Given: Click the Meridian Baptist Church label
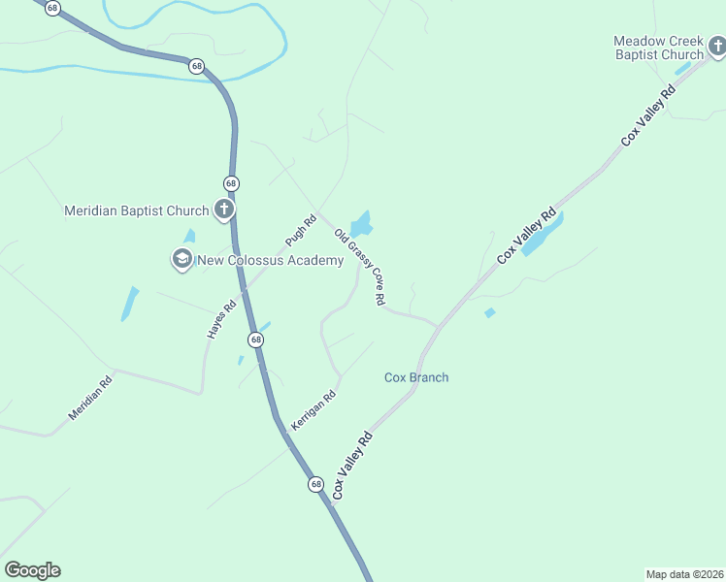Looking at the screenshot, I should coord(136,210).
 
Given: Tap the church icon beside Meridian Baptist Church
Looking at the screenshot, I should coord(224,209).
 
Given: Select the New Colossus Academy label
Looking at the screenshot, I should coord(257,259).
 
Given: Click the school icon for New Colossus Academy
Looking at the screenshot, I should coord(181,259).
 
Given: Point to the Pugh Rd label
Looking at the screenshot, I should coord(301,230).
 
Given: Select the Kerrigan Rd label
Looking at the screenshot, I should coord(313,410).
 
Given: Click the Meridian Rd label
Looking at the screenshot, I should coord(90,398).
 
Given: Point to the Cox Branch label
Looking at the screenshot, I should coord(416,377).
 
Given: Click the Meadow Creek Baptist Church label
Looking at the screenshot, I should coord(658,48).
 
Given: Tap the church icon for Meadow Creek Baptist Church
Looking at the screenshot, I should coord(715,46).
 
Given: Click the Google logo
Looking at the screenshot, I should coord(32,570).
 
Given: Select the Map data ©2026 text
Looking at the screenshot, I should coord(683,574).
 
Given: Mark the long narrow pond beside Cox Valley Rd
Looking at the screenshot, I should coord(542,236).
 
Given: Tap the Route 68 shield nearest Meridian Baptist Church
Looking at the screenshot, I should coord(231,182).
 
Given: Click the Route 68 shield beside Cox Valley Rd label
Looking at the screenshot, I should coord(316,483).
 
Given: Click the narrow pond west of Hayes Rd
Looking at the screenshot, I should coord(129,304).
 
